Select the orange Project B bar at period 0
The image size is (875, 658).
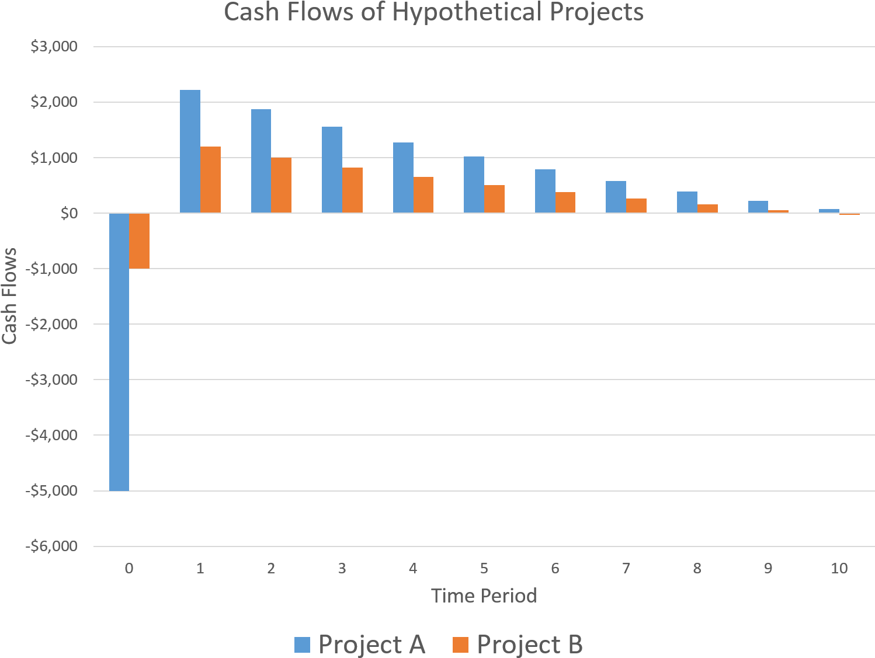(140, 241)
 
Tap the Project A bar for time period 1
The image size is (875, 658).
(190, 152)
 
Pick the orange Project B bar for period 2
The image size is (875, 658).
(281, 185)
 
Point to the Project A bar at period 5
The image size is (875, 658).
(474, 184)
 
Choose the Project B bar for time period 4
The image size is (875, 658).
(423, 195)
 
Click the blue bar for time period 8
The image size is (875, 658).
(687, 202)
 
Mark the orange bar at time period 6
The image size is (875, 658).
(565, 203)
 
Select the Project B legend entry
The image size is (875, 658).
(518, 645)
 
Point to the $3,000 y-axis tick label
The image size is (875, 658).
(54, 47)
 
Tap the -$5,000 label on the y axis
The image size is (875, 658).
(51, 491)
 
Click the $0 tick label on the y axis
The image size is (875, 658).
(69, 214)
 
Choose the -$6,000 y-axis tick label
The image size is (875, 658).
(51, 546)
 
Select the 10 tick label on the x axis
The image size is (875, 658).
(839, 569)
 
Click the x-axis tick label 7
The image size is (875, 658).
(626, 569)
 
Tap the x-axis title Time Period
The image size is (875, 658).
(484, 596)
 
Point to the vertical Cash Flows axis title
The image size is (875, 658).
(9, 296)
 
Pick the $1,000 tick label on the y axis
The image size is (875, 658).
(54, 158)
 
